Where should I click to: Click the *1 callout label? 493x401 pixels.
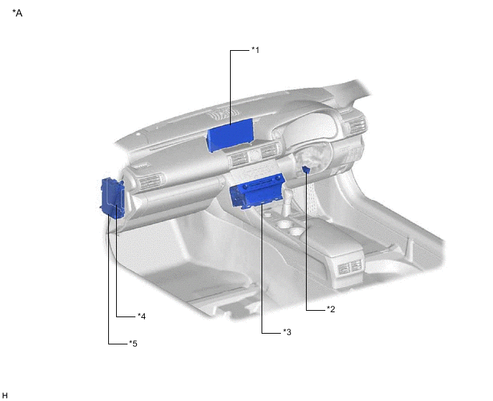[x=255, y=50]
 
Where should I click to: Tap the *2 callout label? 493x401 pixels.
[x=331, y=309]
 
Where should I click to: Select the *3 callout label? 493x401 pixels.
[x=287, y=332]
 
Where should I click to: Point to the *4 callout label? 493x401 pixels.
[x=141, y=317]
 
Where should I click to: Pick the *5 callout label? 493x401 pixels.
[x=133, y=344]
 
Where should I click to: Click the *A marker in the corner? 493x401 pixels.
[x=17, y=13]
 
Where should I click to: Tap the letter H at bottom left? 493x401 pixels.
[x=4, y=395]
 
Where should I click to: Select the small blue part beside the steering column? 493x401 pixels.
[x=306, y=170]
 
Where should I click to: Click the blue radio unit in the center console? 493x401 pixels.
[x=257, y=190]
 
